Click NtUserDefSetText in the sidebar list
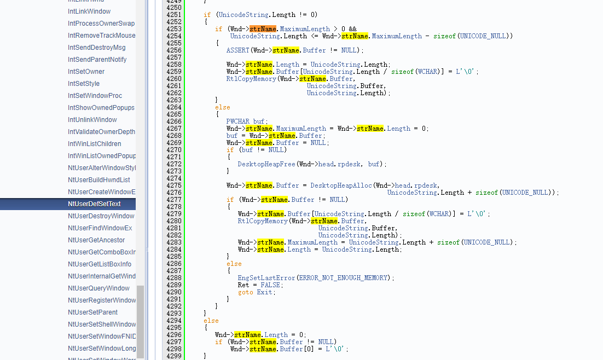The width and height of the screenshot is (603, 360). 94,204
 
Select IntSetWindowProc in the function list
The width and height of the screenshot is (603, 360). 95,95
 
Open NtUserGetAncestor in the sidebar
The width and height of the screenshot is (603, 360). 96,240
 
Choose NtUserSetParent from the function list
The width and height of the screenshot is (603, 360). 92,312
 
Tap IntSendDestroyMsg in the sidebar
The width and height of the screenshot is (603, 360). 96,47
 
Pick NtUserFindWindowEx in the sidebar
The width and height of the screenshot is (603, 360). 100,228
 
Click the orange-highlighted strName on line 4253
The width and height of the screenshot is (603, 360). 263,29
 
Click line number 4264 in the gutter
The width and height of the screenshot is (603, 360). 174,107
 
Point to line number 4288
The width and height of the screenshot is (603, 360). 174,278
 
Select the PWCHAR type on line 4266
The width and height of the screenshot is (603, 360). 237,121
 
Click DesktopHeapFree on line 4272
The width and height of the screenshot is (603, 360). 266,164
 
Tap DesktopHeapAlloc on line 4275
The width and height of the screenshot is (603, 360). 341,185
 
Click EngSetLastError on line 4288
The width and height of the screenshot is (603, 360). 266,278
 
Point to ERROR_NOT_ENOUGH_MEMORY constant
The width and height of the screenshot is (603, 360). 343,278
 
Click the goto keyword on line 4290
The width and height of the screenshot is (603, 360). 245,292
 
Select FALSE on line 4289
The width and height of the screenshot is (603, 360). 270,285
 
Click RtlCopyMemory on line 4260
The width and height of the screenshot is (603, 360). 251,79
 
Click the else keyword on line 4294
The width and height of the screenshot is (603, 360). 211,321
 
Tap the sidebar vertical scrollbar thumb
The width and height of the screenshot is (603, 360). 141,322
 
